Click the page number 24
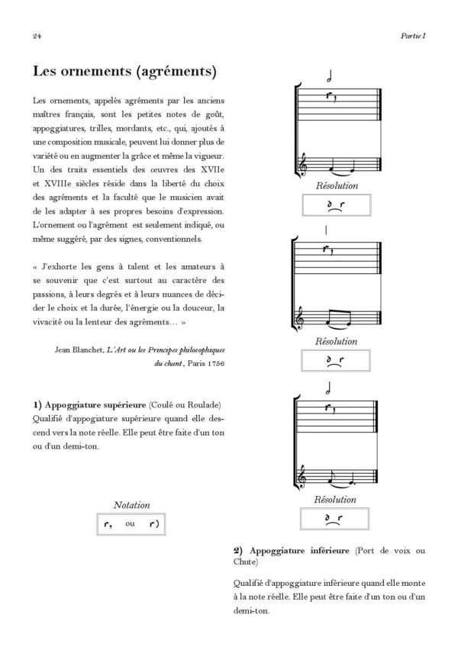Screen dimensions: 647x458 [x=37, y=34]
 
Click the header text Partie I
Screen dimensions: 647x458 [x=413, y=34]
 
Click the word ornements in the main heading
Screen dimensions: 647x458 [x=92, y=72]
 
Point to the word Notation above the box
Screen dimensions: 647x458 [x=131, y=505]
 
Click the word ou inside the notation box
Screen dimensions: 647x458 [x=131, y=524]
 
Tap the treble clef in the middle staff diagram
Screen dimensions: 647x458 [x=307, y=313]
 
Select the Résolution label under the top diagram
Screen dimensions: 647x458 [x=336, y=186]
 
